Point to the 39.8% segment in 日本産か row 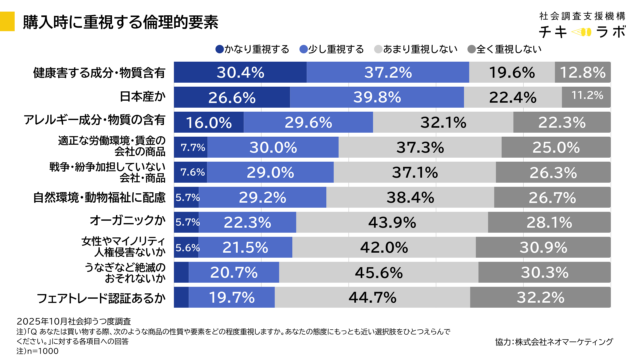(x=384, y=96)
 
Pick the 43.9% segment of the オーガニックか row (x=392, y=221)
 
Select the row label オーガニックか (x=135, y=221)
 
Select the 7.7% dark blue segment (x=191, y=146)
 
